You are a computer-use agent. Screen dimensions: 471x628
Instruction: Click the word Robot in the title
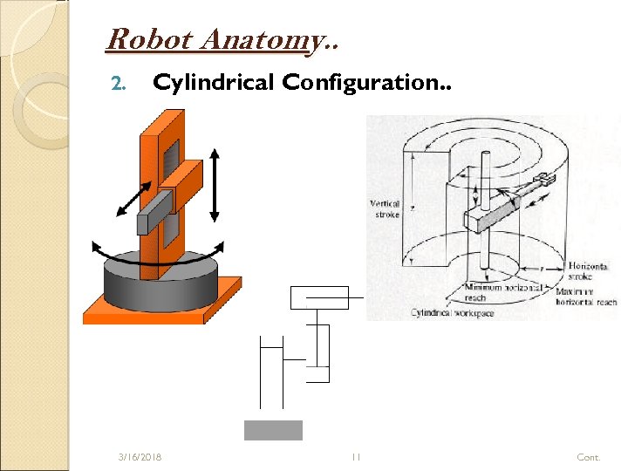point(136,39)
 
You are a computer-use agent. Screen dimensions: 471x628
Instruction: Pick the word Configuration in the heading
point(355,82)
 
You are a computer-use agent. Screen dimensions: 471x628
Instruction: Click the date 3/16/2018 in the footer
point(144,457)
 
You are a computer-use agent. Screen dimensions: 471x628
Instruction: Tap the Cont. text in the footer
point(588,457)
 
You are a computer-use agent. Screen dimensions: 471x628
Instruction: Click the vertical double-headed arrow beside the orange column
point(216,188)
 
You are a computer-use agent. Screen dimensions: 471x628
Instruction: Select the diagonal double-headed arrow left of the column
point(136,195)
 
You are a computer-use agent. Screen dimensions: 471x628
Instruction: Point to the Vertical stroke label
point(385,208)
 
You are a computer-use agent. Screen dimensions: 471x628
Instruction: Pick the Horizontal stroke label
point(585,270)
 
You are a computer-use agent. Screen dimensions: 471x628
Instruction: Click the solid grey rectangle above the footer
point(273,430)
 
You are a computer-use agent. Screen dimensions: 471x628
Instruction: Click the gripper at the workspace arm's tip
point(545,180)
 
